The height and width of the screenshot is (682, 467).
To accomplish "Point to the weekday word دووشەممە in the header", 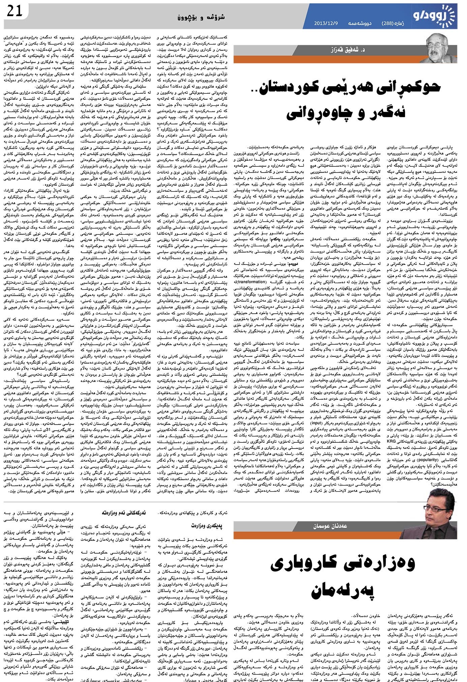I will point(357,23).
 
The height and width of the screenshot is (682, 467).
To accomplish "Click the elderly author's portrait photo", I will point(442,49).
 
